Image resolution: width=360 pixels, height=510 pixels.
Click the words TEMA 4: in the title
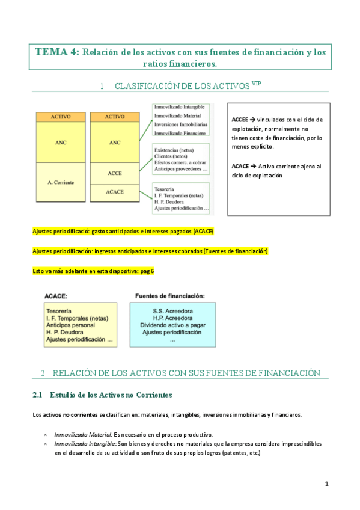click(x=56, y=52)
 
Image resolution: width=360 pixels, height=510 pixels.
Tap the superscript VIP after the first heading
click(x=257, y=84)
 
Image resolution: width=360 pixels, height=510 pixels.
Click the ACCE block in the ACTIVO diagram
click(x=114, y=173)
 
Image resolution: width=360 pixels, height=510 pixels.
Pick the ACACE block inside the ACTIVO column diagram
click(x=114, y=192)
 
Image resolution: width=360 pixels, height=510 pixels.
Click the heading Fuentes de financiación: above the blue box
click(x=170, y=296)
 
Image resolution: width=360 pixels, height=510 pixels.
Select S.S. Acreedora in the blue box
click(x=172, y=310)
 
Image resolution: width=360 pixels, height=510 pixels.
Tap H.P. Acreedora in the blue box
click(x=172, y=318)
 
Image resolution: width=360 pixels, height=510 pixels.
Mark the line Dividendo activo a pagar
click(x=172, y=325)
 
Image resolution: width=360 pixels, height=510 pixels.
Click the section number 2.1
click(x=38, y=395)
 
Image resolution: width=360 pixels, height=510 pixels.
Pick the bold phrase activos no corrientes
click(x=69, y=414)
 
